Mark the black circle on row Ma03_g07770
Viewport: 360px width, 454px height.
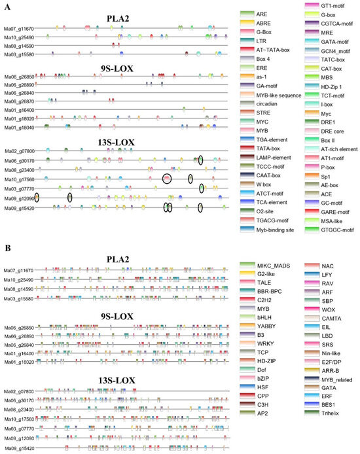coord(202,188)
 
